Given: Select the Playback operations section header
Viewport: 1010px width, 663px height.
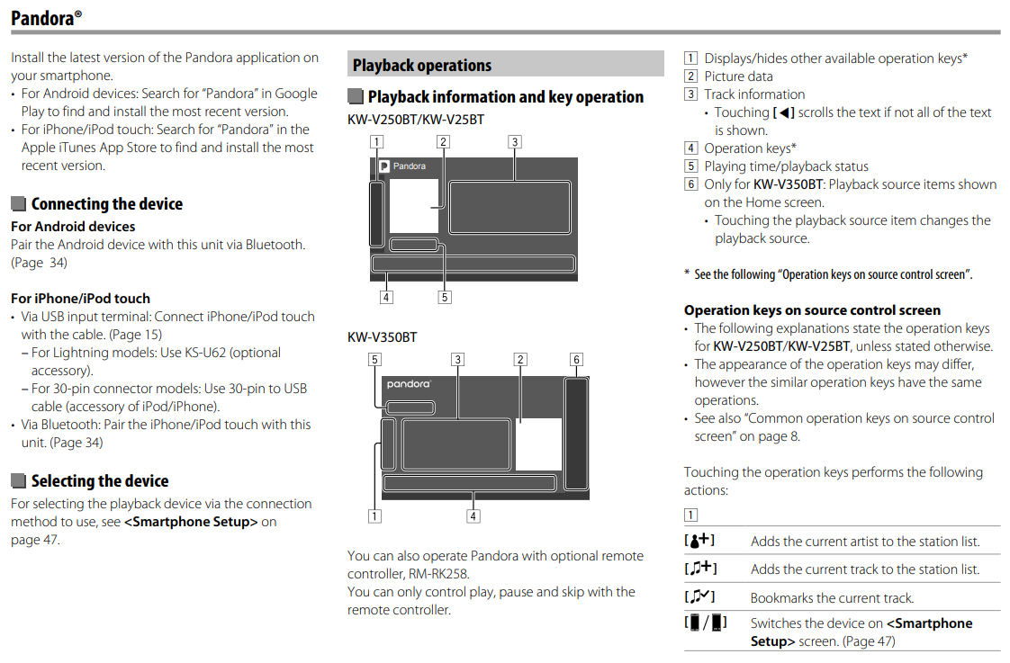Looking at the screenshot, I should [x=422, y=65].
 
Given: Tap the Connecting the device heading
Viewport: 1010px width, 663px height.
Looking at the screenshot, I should [x=107, y=203].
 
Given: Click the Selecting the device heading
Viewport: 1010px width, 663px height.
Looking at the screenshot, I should [x=100, y=480].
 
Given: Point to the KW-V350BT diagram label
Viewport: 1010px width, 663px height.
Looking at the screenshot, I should [x=383, y=337].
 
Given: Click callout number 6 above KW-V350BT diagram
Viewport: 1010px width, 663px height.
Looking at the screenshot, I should [x=576, y=360].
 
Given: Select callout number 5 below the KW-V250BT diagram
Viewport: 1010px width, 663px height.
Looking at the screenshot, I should [x=445, y=297].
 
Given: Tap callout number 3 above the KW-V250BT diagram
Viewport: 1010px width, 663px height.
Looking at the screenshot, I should [x=513, y=141].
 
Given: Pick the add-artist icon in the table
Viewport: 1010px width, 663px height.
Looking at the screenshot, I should [x=700, y=541].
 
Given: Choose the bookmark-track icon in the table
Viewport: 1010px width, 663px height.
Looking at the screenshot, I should [x=700, y=597].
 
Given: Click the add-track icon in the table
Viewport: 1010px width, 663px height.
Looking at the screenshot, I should [x=700, y=569].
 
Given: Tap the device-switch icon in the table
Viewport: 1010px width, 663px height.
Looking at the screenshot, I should [x=706, y=623].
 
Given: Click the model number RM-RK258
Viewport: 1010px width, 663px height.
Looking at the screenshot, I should [x=437, y=573].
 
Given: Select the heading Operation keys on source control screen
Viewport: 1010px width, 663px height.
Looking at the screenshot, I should [x=812, y=310].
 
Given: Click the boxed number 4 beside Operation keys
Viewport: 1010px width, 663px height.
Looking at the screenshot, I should [x=690, y=148].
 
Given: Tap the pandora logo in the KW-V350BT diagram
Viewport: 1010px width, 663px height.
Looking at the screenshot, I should [x=409, y=384].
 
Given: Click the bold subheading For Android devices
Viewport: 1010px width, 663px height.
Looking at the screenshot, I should [x=73, y=227].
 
